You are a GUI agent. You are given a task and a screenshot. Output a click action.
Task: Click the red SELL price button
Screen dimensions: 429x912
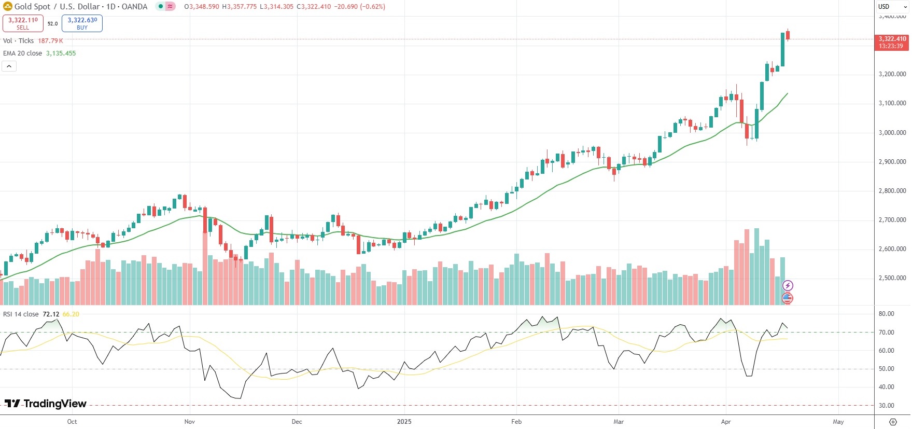(23, 23)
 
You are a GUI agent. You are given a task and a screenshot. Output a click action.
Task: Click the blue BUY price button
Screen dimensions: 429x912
(82, 23)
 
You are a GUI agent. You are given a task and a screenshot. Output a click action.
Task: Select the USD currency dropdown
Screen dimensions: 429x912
(892, 7)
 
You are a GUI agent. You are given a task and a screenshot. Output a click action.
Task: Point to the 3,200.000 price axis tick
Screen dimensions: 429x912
(892, 74)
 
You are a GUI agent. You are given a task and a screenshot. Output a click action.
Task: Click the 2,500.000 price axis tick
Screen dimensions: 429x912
(892, 278)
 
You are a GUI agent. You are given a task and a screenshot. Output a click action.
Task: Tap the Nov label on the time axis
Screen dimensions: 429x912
(190, 422)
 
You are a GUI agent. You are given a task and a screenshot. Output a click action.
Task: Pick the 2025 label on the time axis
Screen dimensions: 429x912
(404, 422)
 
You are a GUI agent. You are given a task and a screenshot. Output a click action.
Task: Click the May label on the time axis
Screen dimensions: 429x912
(838, 422)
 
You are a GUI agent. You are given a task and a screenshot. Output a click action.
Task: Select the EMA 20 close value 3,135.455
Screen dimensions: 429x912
(61, 53)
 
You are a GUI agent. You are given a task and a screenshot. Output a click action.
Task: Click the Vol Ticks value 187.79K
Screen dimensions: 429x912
(50, 41)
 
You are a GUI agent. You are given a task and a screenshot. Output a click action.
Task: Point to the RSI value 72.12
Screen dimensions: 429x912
(51, 314)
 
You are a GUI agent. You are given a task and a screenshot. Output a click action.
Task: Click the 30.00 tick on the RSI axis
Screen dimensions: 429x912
(886, 406)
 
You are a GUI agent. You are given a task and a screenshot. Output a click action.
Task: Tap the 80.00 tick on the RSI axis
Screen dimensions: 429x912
(886, 314)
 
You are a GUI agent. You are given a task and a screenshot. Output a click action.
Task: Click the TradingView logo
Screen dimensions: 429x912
(46, 404)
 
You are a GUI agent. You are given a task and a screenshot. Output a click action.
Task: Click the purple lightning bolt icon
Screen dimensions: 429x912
(788, 285)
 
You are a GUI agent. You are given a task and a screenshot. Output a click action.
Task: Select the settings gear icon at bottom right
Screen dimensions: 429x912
(893, 422)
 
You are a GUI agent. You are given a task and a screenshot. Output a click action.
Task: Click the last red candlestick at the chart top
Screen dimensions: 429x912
(788, 35)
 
